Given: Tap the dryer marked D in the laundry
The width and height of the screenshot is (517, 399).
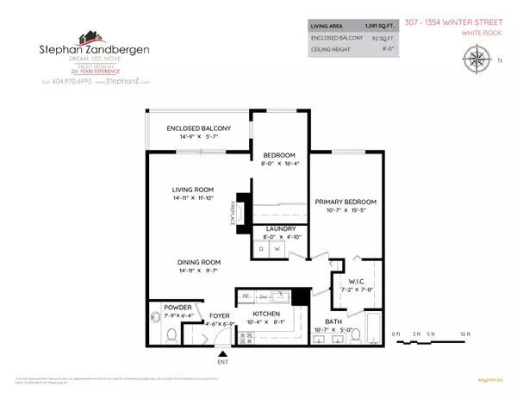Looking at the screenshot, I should tap(261, 249).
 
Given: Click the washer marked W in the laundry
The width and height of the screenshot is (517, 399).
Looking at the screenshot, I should tap(277, 249).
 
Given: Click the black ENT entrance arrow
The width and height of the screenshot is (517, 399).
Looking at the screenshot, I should tap(223, 352).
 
